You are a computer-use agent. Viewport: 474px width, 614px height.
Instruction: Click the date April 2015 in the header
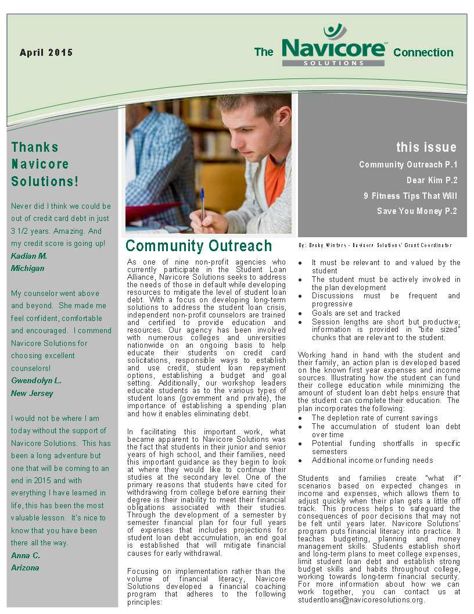(x=46, y=52)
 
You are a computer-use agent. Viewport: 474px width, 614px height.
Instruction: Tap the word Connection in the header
(x=423, y=52)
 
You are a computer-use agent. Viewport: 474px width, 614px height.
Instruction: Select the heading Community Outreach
(x=199, y=246)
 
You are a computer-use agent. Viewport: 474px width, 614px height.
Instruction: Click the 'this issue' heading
(x=426, y=147)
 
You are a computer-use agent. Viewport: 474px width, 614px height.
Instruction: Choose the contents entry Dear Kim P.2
(x=432, y=180)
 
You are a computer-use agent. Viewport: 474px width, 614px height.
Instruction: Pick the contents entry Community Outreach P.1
(x=408, y=165)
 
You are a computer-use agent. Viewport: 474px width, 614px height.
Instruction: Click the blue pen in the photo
(x=202, y=204)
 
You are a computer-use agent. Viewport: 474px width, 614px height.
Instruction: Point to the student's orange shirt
(x=274, y=180)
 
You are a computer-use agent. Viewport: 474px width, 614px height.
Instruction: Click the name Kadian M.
(x=29, y=256)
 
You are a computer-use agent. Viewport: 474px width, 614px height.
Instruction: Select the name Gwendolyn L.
(x=36, y=381)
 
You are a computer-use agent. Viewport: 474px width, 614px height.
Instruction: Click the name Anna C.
(x=26, y=555)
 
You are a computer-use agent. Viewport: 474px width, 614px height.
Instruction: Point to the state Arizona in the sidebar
(x=25, y=567)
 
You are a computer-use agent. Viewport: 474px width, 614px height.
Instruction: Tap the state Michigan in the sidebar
(x=27, y=268)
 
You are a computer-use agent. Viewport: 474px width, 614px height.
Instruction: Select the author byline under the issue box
(x=375, y=245)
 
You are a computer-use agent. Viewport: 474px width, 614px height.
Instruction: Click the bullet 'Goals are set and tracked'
(x=355, y=313)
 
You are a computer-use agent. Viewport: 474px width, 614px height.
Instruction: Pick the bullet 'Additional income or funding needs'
(x=372, y=460)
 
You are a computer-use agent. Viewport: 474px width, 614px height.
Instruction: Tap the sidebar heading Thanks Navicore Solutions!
(x=45, y=164)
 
